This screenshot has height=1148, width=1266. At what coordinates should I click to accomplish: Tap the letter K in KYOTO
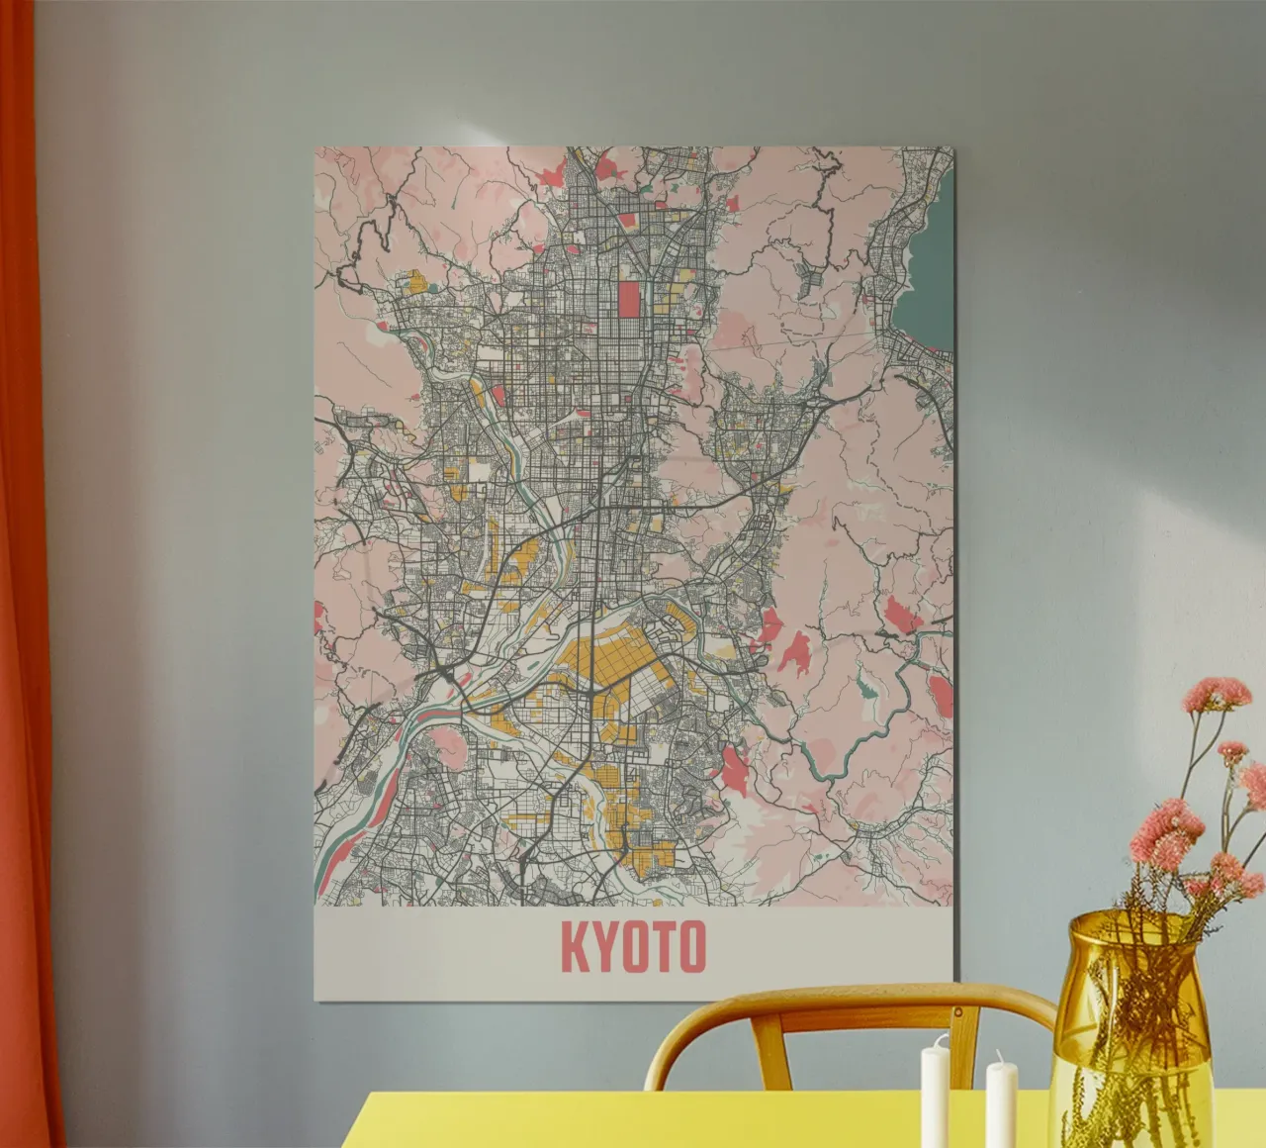(575, 946)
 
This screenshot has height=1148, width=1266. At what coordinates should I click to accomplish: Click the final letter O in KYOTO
(691, 946)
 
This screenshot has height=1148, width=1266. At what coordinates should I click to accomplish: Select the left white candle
(935, 1095)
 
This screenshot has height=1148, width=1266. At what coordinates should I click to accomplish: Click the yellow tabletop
(692, 1118)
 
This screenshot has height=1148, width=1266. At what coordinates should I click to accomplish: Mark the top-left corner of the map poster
(316, 148)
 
